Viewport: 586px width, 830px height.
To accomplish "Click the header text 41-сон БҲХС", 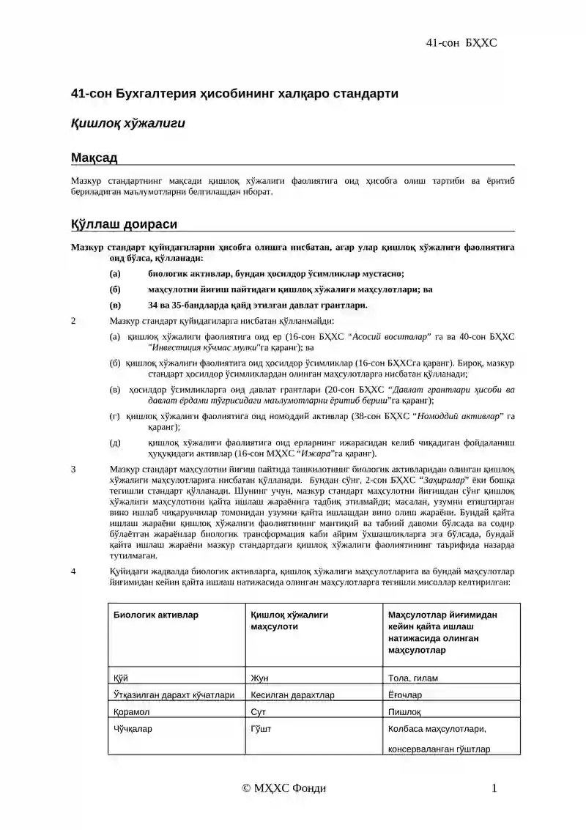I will (x=461, y=42).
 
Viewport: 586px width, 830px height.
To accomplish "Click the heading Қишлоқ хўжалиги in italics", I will (x=127, y=123).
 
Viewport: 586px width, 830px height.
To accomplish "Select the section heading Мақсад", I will (x=94, y=158).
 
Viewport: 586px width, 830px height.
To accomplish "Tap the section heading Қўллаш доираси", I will (x=123, y=224).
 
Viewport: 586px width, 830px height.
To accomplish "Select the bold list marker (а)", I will (x=114, y=273).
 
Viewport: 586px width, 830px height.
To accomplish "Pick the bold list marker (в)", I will (x=114, y=305).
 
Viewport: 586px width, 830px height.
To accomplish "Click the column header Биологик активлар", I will (x=155, y=615).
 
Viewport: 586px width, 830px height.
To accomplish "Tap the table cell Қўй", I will (x=121, y=678).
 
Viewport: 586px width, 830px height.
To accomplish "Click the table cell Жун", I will (x=259, y=678).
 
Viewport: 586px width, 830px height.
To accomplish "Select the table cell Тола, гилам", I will (x=413, y=678).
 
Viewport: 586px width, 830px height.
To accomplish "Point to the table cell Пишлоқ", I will (x=404, y=711).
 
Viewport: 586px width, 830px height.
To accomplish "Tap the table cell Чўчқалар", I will (x=133, y=729).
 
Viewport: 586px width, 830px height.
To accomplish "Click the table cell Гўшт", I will (x=262, y=729).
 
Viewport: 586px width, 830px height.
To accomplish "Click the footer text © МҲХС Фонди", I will (x=284, y=788).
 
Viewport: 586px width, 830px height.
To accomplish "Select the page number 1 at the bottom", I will (x=494, y=788).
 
